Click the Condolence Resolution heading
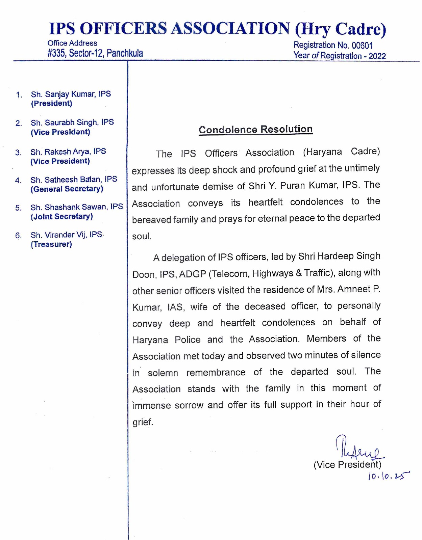coord(255,129)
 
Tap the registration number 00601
coord(362,46)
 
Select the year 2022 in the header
coord(377,56)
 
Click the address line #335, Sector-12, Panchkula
coord(95,53)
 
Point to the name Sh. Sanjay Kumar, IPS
coord(71,94)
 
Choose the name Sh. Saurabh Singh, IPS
coord(72,123)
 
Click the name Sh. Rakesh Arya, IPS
coord(68,152)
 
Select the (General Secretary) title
coord(67,189)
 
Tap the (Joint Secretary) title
coord(61,217)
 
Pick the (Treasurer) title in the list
coord(51,244)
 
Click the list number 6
coord(18,235)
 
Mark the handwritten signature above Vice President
coord(358,449)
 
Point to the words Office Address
coord(72,43)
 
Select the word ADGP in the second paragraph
coord(192,274)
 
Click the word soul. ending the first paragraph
coord(142,236)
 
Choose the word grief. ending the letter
coord(143,422)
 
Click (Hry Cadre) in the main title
coord(340,29)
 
